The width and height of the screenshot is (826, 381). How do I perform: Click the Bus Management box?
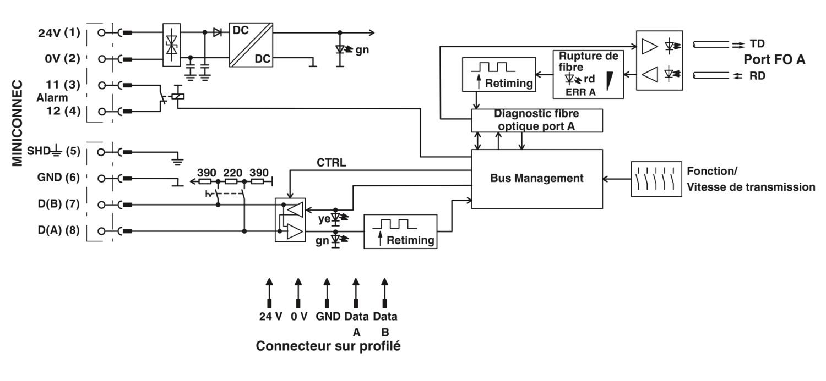point(537,179)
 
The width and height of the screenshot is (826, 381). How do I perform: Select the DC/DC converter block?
point(251,45)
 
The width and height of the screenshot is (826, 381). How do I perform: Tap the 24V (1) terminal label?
point(59,33)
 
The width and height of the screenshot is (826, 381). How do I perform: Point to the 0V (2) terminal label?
point(62,58)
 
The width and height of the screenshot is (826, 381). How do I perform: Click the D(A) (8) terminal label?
point(58,230)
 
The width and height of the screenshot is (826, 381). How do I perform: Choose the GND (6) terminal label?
point(58,178)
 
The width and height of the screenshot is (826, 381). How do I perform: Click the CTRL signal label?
point(331,162)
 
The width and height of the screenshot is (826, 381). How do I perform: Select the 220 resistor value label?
point(233,173)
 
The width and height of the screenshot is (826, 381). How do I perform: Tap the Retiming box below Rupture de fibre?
point(499,74)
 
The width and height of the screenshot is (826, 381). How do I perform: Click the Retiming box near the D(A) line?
point(400,231)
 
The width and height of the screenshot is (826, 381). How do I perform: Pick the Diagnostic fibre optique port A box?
point(537,120)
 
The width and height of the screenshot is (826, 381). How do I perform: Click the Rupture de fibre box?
point(589,74)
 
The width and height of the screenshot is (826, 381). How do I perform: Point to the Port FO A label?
point(774,59)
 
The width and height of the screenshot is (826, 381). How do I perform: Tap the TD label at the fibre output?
point(757,44)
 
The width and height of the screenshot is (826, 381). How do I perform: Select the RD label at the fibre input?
point(757,76)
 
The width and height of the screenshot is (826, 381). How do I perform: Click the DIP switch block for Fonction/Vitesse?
point(656,179)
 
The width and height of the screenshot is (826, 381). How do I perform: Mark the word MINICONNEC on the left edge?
point(17,123)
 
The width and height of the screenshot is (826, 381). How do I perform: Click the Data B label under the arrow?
point(385,324)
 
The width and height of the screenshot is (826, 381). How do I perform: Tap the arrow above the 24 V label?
point(270,293)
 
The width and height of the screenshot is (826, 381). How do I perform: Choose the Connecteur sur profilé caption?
point(328,346)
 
